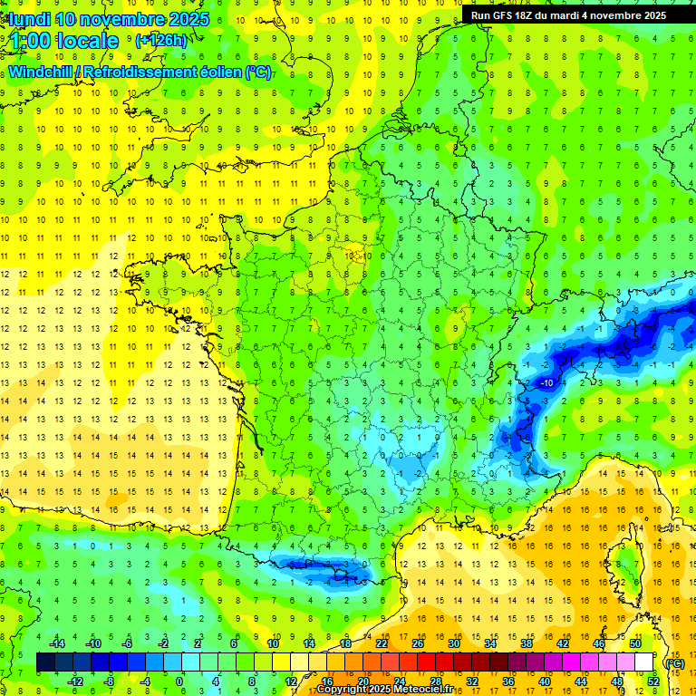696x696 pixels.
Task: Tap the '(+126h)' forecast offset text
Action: tap(160, 40)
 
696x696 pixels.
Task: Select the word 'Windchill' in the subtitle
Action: tap(39, 72)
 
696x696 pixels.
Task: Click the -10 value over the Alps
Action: tap(546, 383)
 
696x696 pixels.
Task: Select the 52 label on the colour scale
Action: tap(652, 681)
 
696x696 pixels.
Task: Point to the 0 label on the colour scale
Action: tap(179, 681)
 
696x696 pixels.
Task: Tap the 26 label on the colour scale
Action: tap(418, 643)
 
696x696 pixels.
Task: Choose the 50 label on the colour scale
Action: tap(634, 643)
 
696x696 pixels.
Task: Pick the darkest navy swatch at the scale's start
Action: tap(45, 662)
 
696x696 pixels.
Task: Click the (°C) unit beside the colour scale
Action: tap(674, 662)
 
